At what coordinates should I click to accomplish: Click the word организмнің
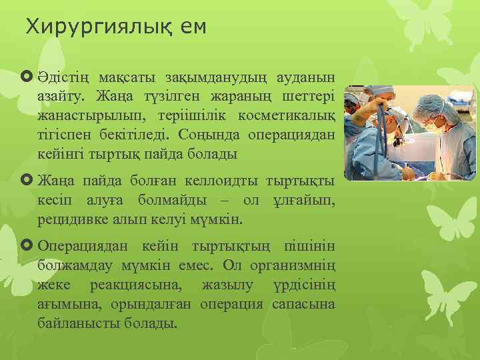click(291, 266)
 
